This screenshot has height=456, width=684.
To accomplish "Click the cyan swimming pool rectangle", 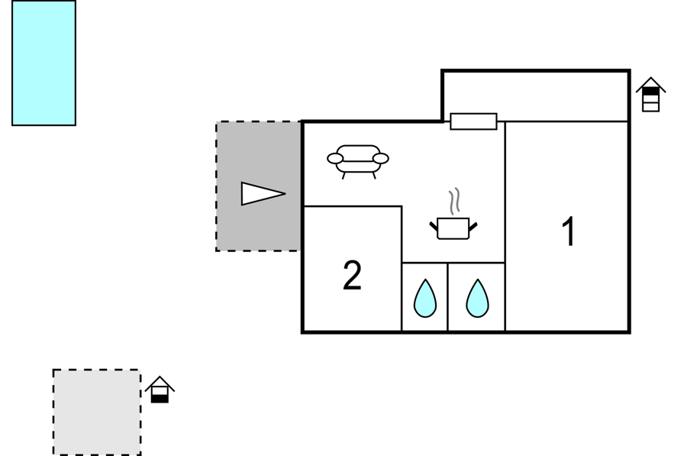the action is pyautogui.click(x=44, y=63).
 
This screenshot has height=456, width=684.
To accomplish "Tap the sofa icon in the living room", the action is pyautogui.click(x=358, y=161).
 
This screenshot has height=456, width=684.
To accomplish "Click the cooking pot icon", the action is pyautogui.click(x=453, y=228).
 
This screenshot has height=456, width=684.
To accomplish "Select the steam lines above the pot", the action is pyautogui.click(x=454, y=201).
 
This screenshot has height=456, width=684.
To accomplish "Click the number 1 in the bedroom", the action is pyautogui.click(x=569, y=231).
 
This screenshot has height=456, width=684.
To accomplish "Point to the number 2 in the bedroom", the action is pyautogui.click(x=352, y=275).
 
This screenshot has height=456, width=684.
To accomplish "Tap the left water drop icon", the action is pyautogui.click(x=425, y=298).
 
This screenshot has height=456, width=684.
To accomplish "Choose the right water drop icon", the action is pyautogui.click(x=477, y=298).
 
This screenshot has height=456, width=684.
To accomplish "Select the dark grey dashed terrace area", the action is pyautogui.click(x=258, y=186).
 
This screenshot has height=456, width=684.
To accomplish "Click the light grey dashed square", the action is pyautogui.click(x=97, y=412).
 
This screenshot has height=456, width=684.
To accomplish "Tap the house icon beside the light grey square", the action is pyautogui.click(x=160, y=390).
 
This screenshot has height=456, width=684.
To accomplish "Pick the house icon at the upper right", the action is pyautogui.click(x=650, y=94).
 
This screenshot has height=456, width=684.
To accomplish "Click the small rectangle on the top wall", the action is pyautogui.click(x=473, y=121).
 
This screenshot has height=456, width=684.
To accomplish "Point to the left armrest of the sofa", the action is pyautogui.click(x=335, y=158).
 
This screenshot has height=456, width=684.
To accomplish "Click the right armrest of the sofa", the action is pyautogui.click(x=381, y=158).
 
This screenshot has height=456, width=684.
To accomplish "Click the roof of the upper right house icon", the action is pyautogui.click(x=650, y=84).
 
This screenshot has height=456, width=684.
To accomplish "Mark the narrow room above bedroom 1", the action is pyautogui.click(x=536, y=96).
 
